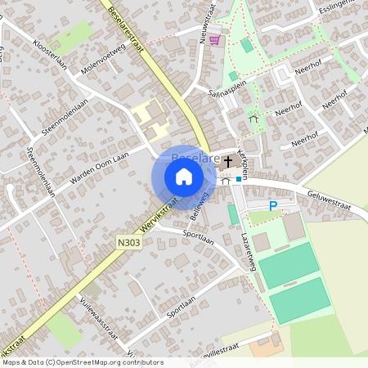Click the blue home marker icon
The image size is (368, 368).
coord(184,176)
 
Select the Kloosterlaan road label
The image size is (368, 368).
coord(49,53)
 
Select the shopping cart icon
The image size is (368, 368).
coord(214,39)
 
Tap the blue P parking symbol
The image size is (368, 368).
coord(273,206)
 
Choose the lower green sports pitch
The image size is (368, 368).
coord(300,300)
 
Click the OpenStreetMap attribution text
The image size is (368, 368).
coord(82,362)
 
